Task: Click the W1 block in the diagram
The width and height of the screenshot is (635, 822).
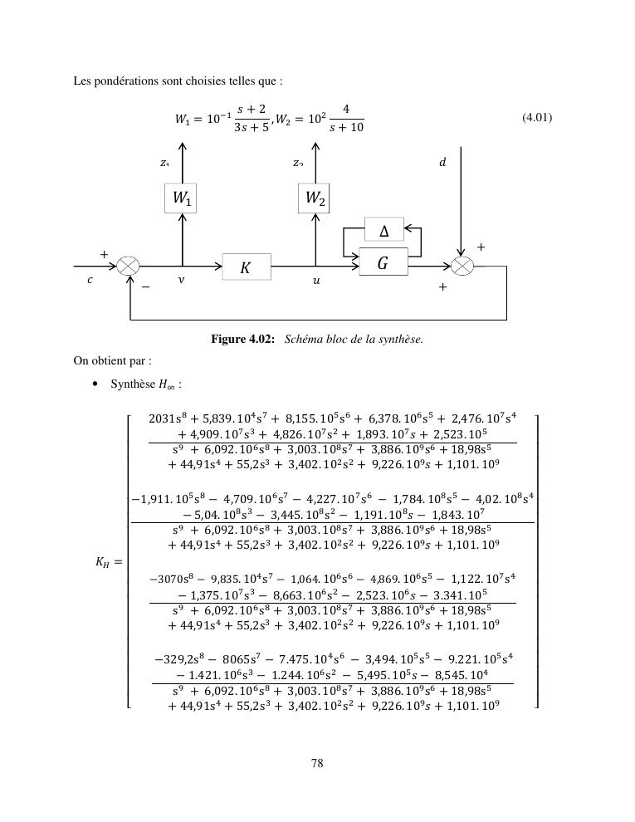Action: [x=181, y=198]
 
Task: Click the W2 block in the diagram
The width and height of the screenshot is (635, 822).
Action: [x=315, y=198]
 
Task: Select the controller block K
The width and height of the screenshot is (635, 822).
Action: [x=247, y=267]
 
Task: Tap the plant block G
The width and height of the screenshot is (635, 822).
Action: [x=383, y=263]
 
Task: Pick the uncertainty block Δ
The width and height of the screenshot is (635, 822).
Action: [x=383, y=230]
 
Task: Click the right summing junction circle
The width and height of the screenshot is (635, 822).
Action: [x=462, y=267]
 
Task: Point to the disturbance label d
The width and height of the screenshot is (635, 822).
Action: [x=442, y=163]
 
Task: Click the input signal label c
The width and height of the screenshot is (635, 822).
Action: [x=90, y=281]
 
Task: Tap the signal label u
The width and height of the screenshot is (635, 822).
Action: [x=316, y=281]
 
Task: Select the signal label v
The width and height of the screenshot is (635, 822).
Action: [x=181, y=281]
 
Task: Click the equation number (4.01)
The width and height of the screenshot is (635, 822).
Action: [x=537, y=117]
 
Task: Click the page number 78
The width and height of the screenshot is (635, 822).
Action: [x=317, y=764]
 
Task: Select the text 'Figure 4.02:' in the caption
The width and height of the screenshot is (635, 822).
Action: [x=243, y=339]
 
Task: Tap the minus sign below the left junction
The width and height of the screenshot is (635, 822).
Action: [x=145, y=287]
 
